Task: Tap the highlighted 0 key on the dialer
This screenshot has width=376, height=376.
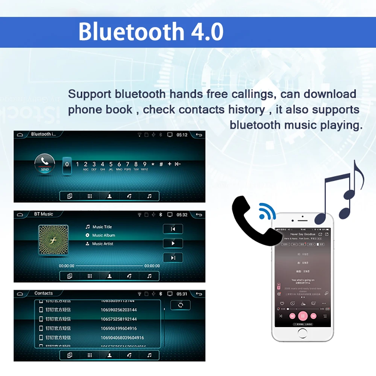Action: coord(67,165)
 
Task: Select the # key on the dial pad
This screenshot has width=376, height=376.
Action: coord(161,164)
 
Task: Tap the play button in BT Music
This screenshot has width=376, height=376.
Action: coord(173,243)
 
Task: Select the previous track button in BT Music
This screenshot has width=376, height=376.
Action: coord(173,229)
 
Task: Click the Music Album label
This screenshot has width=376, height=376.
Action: coord(103,235)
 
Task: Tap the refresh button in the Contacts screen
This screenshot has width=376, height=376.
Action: coord(180,305)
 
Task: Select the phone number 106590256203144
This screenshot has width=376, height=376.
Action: coord(118,310)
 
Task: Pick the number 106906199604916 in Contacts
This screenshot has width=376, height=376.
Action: coord(118,328)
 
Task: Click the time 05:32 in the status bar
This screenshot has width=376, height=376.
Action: coord(182,215)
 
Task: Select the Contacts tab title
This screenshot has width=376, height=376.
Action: coord(44,293)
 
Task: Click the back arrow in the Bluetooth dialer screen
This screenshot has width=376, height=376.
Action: coord(199,135)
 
